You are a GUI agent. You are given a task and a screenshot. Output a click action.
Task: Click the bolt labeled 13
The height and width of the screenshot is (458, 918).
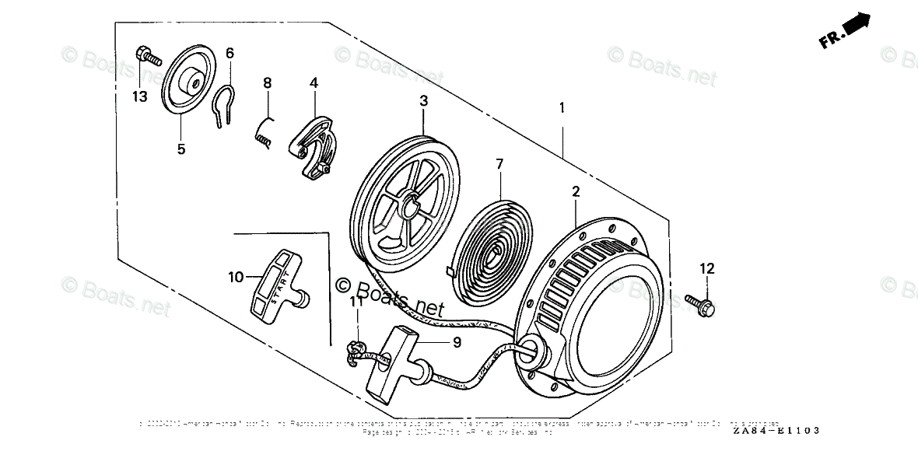tap(146, 55)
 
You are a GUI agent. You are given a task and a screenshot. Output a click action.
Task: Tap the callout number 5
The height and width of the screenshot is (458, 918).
tap(180, 149)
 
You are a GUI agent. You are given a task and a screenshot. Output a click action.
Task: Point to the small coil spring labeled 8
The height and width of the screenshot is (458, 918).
tap(265, 130)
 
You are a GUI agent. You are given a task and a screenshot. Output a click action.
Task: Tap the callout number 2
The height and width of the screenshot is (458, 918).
tap(576, 191)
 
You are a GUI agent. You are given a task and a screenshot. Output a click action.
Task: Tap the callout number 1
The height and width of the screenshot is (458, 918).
tap(562, 109)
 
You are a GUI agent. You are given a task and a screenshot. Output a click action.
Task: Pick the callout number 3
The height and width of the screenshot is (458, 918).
tap(423, 100)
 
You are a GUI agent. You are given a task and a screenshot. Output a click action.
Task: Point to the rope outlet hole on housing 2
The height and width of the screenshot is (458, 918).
tap(531, 350)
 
